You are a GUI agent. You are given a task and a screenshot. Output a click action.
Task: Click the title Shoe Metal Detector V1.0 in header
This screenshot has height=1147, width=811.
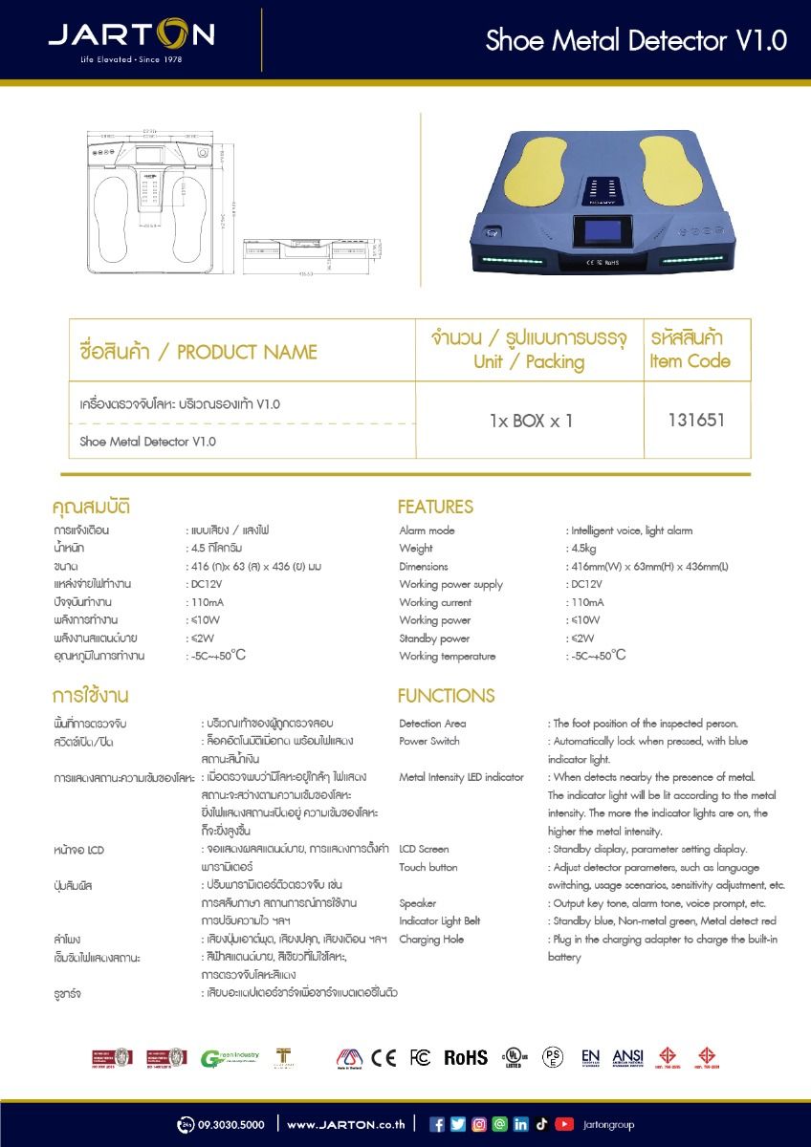636,40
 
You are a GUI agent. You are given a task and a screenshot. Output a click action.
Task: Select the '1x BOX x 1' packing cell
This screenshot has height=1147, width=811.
531,421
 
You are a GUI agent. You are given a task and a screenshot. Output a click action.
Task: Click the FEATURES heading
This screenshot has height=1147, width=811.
435,507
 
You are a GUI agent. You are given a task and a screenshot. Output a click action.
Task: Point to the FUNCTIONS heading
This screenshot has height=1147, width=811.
446,695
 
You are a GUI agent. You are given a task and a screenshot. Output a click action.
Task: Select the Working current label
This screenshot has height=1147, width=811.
435,602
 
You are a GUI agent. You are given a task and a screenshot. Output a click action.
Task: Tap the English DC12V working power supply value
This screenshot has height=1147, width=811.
584,584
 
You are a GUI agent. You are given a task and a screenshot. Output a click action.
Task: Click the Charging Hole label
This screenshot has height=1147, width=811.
431,940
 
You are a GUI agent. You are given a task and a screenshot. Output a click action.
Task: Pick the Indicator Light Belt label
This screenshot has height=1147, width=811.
440,921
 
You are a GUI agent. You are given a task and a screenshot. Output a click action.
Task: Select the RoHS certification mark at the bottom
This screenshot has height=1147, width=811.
466,1057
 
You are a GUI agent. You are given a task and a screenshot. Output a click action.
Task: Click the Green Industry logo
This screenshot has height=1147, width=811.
230,1057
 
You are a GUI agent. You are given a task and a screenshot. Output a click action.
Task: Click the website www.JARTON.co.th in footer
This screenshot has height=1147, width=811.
346,1125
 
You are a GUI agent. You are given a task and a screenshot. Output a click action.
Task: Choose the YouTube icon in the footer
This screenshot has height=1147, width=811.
564,1124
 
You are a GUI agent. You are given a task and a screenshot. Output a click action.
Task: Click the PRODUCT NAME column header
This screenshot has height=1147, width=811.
199,352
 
